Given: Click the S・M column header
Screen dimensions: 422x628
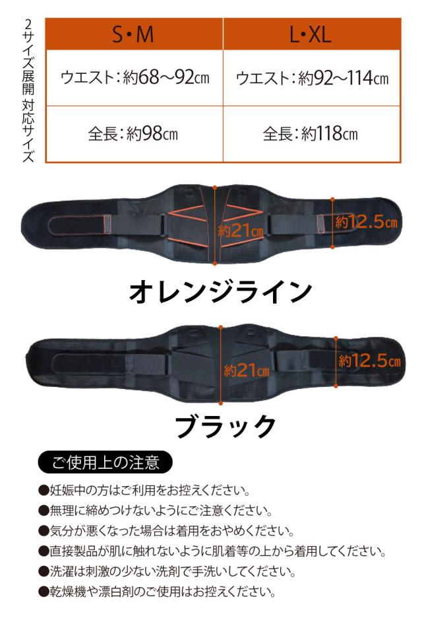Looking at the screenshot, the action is (134, 34).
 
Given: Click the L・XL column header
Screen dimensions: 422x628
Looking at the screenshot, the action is (312, 34).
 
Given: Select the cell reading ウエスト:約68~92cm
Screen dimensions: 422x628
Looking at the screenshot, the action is (134, 78).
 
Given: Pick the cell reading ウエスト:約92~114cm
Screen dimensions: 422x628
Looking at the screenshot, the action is (312, 78).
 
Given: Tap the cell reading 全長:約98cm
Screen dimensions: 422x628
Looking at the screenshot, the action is (134, 134).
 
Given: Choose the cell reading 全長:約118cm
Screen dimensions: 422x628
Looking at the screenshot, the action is (312, 134).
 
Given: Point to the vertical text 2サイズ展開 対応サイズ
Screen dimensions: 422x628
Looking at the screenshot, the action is (28, 90).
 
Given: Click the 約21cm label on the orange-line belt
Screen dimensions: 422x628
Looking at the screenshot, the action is (241, 230).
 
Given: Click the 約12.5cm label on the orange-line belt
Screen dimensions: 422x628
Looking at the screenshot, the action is (366, 221).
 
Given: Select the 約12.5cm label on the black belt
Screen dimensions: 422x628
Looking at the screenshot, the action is (369, 361).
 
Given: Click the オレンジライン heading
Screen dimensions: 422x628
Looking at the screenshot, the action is (220, 292).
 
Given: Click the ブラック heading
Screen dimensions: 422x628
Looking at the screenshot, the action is (226, 426).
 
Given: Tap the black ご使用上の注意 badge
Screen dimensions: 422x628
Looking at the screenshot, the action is (105, 462).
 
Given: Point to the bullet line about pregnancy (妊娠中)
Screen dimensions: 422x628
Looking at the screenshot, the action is (144, 490).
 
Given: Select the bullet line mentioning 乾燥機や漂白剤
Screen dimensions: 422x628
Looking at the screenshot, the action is (157, 592).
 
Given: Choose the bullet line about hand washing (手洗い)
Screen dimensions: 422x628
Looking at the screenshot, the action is (167, 571).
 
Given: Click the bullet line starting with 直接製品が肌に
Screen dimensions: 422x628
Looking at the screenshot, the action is (212, 551).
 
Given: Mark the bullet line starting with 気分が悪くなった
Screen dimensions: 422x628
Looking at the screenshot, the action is (166, 531).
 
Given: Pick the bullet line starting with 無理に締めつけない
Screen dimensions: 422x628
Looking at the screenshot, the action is (156, 510).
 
